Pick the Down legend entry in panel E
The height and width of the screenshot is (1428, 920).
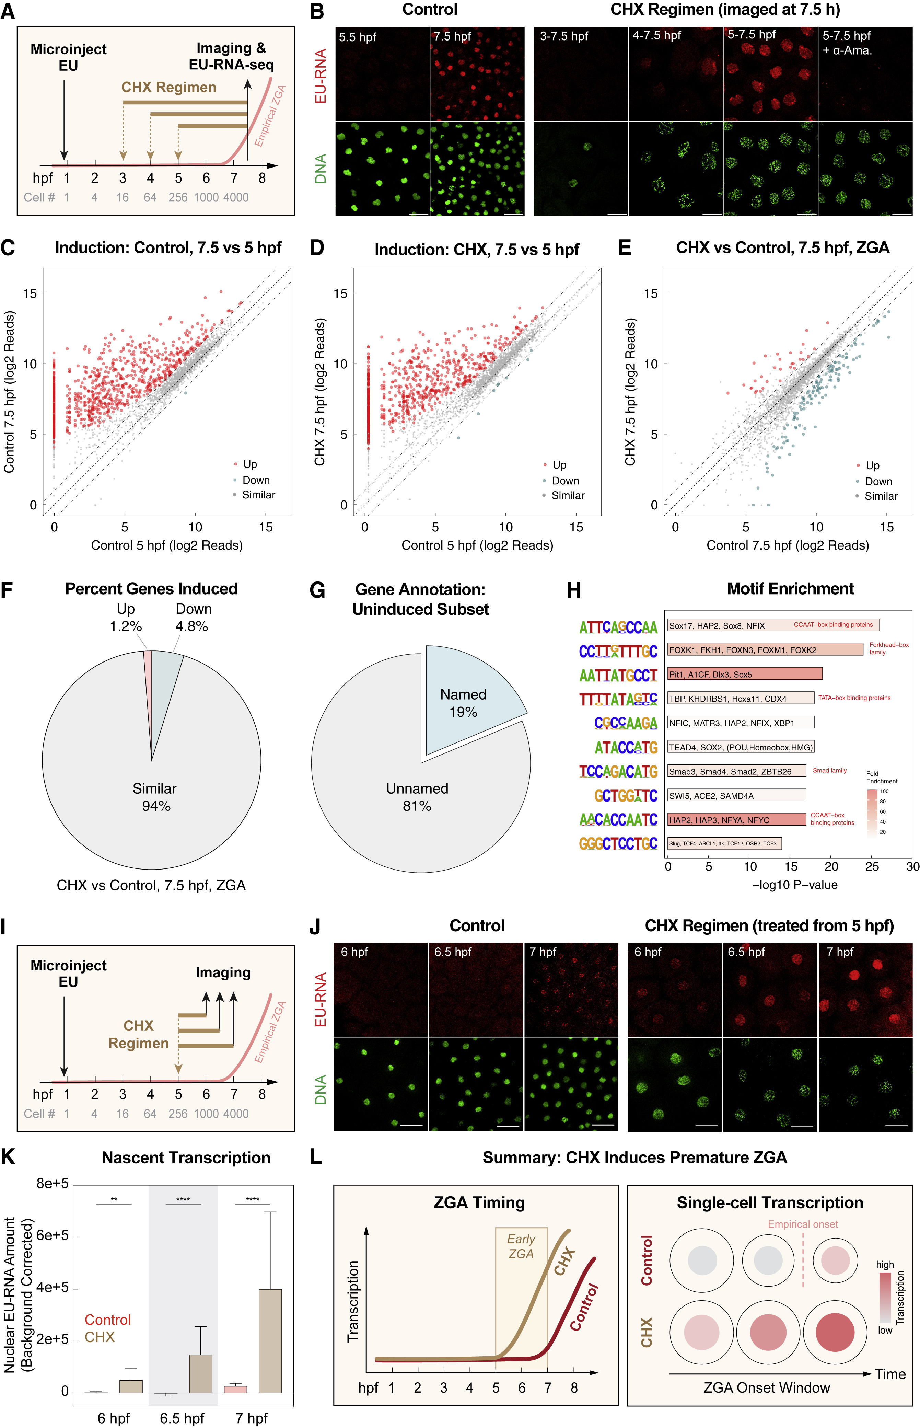[x=877, y=482]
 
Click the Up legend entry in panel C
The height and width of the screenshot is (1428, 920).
[x=249, y=464]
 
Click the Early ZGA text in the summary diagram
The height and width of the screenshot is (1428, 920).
[x=521, y=1246]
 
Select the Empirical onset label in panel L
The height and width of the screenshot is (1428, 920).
[x=802, y=1224]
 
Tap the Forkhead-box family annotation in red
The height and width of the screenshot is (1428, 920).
[x=888, y=648]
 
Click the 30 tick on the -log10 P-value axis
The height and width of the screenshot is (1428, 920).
[x=912, y=866]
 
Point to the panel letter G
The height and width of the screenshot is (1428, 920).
[x=317, y=591]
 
